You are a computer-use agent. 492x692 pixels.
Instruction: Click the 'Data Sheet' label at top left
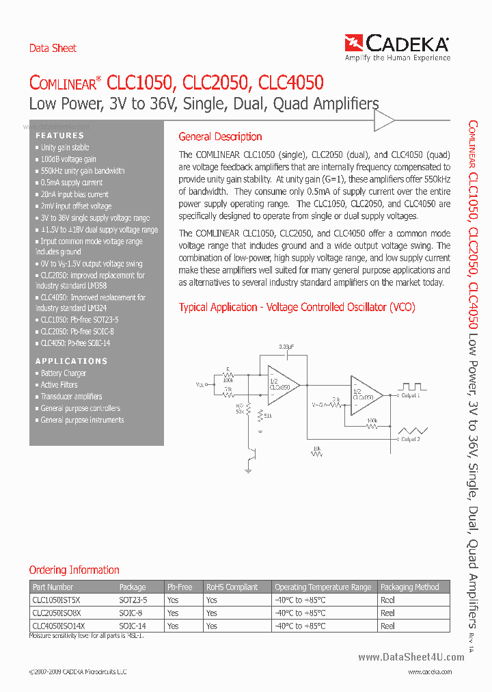click(53, 48)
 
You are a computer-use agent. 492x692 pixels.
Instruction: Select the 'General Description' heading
click(220, 137)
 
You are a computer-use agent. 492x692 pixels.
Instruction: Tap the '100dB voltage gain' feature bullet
click(68, 159)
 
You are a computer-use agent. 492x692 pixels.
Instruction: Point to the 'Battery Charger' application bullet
click(63, 373)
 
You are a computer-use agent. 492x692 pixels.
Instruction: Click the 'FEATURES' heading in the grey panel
click(59, 135)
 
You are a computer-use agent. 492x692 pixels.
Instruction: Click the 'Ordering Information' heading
click(74, 570)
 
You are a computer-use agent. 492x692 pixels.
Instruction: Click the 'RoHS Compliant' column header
click(232, 587)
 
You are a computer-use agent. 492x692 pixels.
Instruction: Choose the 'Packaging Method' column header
click(409, 587)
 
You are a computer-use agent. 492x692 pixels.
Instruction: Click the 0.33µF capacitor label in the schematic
click(286, 347)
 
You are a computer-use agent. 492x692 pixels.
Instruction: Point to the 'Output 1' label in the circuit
click(410, 395)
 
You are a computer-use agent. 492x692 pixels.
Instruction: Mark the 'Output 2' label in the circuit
click(410, 439)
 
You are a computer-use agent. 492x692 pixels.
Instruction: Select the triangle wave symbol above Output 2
click(413, 429)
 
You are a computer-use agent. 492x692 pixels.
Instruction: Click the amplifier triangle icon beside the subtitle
click(384, 121)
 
